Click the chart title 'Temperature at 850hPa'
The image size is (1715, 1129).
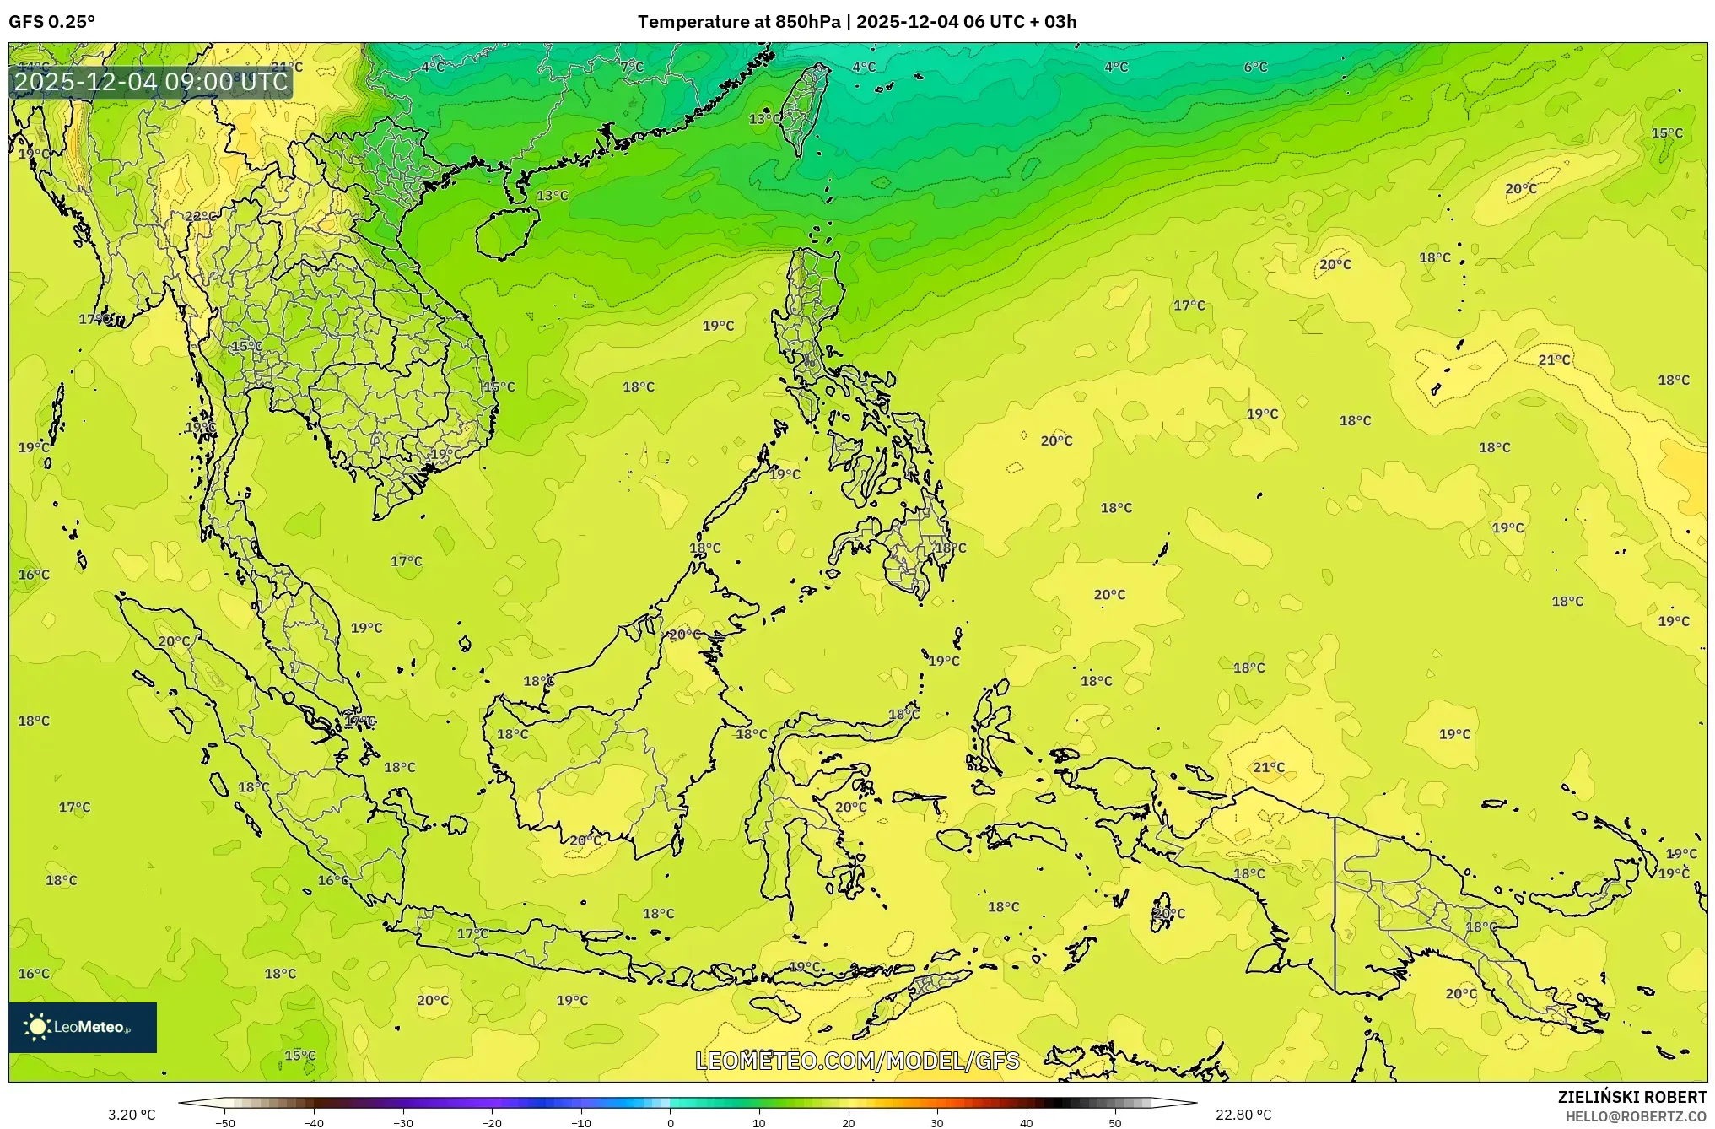(738, 22)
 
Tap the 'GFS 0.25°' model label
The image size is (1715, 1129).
(52, 22)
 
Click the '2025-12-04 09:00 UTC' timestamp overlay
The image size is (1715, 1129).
(152, 82)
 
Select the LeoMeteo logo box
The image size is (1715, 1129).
(83, 1027)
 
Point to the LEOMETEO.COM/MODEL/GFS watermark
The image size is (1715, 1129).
(857, 1061)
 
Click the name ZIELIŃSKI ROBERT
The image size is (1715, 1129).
(1631, 1097)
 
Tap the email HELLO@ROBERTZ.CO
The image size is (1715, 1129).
(1636, 1116)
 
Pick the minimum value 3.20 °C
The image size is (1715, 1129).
(132, 1115)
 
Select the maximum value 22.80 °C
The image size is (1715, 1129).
(1243, 1115)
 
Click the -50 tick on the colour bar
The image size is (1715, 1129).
(224, 1123)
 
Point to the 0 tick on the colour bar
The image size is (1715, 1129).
(671, 1123)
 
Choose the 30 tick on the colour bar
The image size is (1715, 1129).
(937, 1123)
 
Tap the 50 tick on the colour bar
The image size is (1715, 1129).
(1115, 1123)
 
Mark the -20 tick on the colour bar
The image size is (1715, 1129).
(492, 1123)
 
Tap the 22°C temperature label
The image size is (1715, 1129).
(200, 216)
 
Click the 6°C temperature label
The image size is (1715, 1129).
(1255, 68)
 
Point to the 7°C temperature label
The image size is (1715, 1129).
(631, 67)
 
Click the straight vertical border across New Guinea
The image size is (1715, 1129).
(1335, 903)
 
